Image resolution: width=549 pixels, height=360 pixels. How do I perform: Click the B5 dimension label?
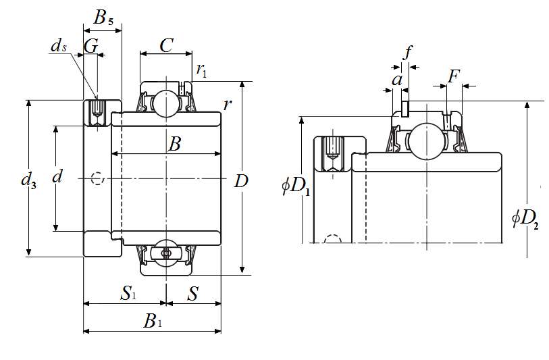[103, 18]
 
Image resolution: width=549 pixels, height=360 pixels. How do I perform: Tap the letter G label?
[90, 45]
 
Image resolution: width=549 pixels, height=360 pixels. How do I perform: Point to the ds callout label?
[59, 46]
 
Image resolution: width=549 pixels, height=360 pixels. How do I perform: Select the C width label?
[166, 45]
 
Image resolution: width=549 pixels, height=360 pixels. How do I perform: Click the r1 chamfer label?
[201, 69]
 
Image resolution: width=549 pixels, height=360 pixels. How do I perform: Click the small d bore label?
[57, 177]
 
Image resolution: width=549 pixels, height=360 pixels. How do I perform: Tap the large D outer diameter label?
[241, 180]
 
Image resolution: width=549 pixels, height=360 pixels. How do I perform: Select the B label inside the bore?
[174, 144]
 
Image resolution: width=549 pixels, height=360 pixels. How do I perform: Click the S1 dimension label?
[128, 294]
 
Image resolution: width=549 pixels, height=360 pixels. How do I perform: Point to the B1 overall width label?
[153, 322]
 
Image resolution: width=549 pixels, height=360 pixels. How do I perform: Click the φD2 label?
[525, 217]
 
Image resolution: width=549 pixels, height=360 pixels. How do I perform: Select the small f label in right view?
[407, 53]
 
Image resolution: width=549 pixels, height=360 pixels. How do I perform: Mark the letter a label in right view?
[397, 80]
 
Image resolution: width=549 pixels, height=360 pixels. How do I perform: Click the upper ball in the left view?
[163, 102]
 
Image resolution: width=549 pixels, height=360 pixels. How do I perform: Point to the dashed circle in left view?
[97, 179]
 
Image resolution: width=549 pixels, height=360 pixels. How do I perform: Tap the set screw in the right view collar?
[332, 153]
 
